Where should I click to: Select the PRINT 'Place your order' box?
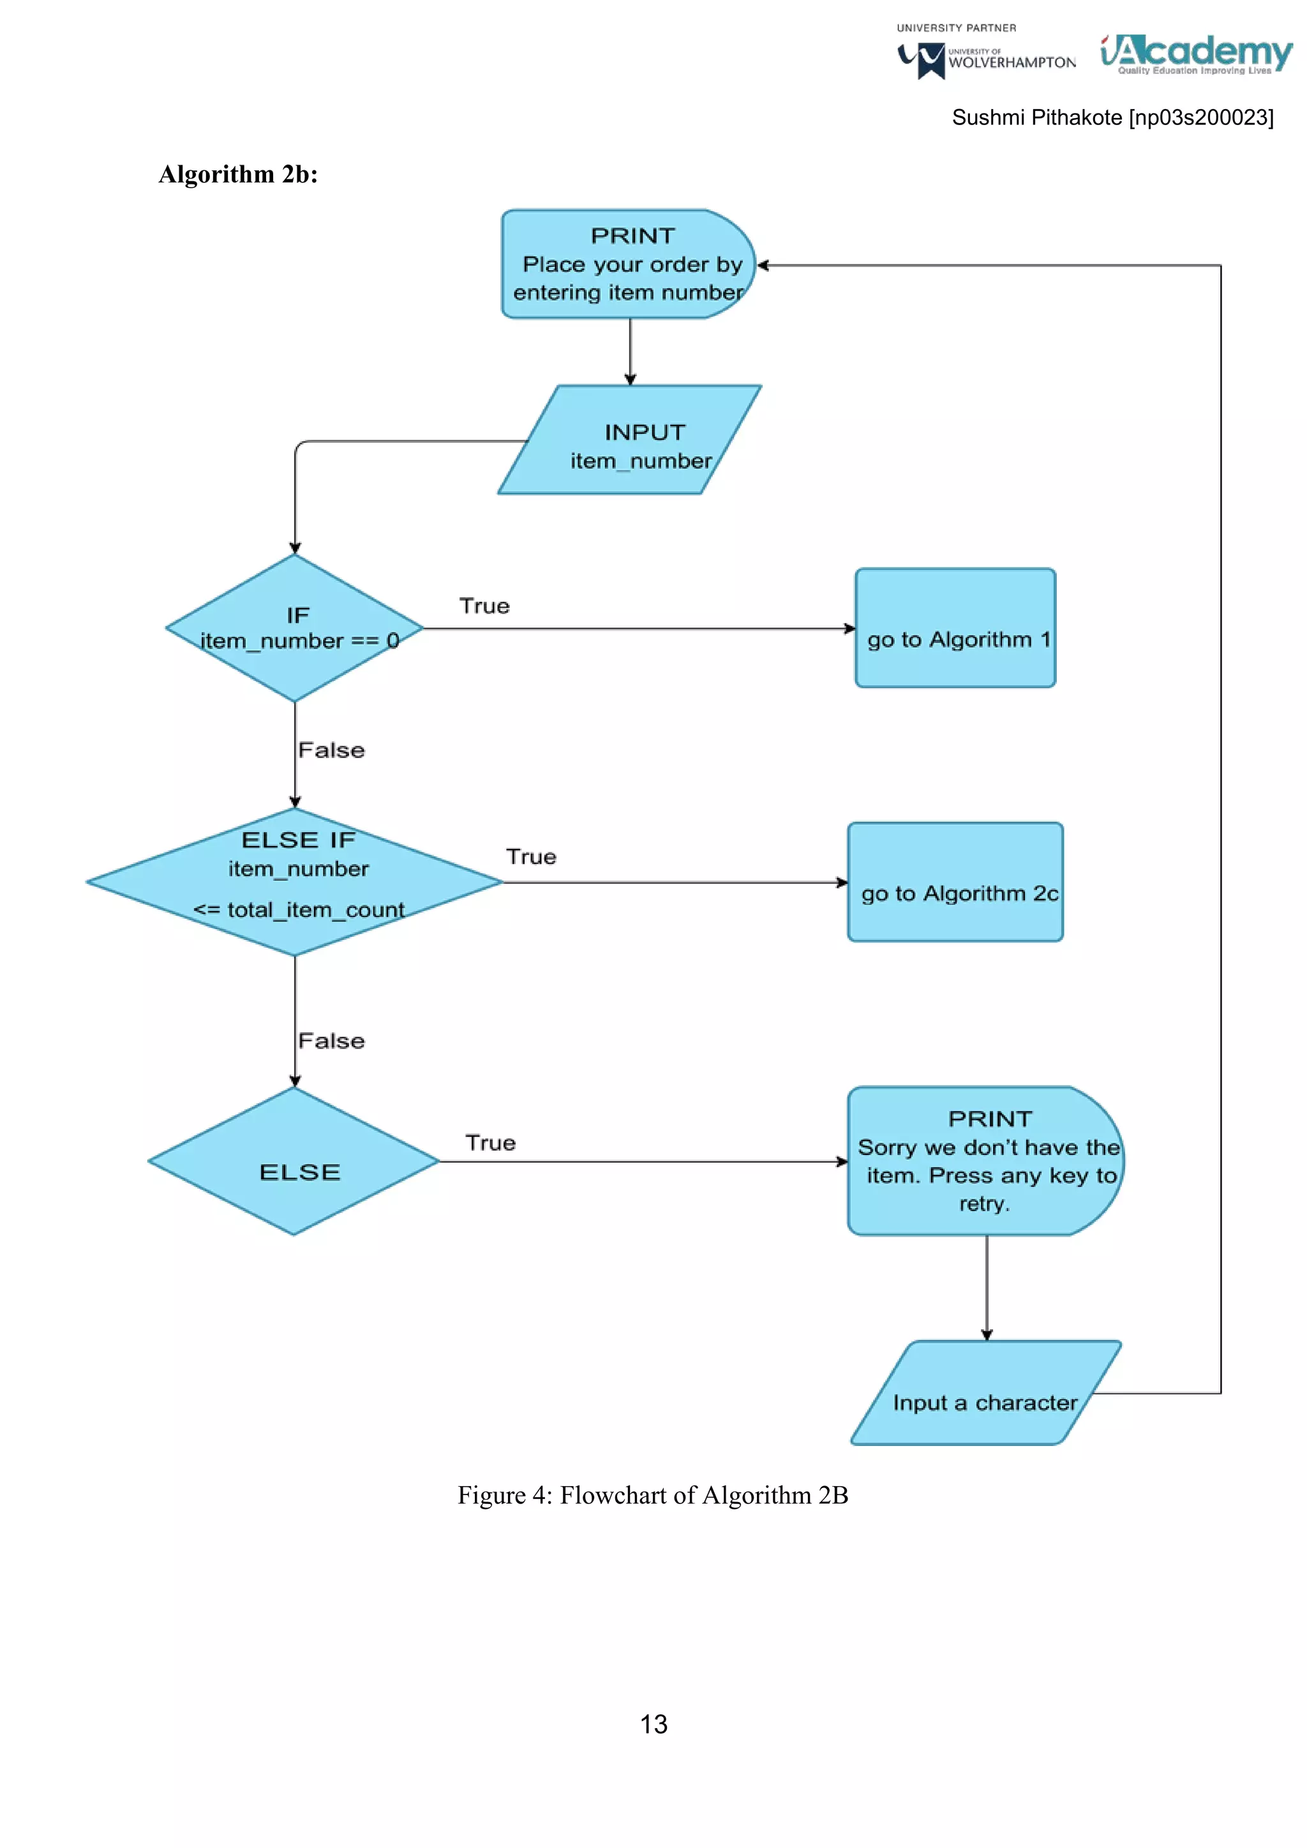pyautogui.click(x=628, y=264)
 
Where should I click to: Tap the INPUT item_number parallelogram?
pyautogui.click(x=630, y=440)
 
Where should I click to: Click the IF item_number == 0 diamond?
pyautogui.click(x=295, y=628)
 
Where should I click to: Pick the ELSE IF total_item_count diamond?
pyautogui.click(x=295, y=882)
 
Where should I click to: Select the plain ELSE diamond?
pyautogui.click(x=295, y=1161)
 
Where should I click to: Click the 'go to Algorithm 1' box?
pyautogui.click(x=955, y=628)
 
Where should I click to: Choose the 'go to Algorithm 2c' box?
pyautogui.click(x=955, y=882)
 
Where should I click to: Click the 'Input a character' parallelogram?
pyautogui.click(x=986, y=1393)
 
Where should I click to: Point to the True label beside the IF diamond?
pyautogui.click(x=484, y=606)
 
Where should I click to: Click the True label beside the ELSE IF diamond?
pyautogui.click(x=531, y=856)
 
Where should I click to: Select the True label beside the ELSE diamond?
pyautogui.click(x=490, y=1143)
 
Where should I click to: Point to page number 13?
pyautogui.click(x=653, y=1724)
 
